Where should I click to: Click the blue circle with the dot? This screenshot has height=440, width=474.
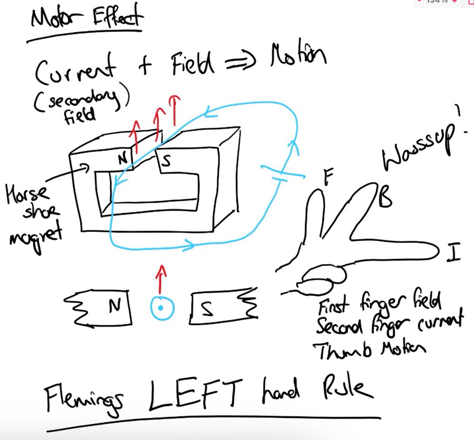[x=162, y=308]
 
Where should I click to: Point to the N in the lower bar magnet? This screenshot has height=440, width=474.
[x=115, y=306]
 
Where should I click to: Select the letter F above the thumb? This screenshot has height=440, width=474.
[x=328, y=176]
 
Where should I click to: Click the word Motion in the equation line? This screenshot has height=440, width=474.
[x=298, y=57]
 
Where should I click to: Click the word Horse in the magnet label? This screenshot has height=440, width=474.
[x=27, y=194]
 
